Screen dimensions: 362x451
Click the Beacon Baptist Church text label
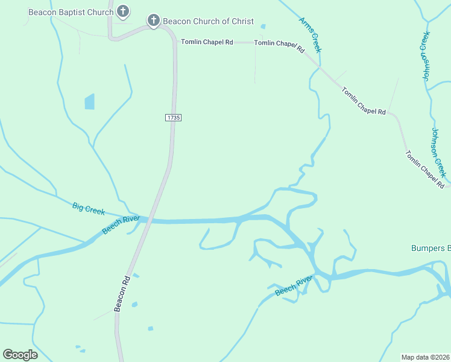click(x=71, y=12)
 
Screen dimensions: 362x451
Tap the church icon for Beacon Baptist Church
click(x=123, y=11)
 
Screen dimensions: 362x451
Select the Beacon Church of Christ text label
click(x=209, y=21)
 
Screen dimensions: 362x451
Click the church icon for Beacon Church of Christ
click(x=154, y=21)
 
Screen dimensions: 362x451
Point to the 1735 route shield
click(x=172, y=117)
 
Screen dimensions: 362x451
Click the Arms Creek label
click(x=310, y=34)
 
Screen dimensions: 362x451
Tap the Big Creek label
click(x=89, y=209)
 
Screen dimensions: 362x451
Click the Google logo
click(x=20, y=355)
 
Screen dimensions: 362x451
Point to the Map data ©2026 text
click(x=425, y=357)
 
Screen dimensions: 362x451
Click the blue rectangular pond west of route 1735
click(x=90, y=101)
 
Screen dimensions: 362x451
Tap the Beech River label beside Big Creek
click(x=121, y=224)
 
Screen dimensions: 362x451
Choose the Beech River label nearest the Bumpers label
click(x=294, y=285)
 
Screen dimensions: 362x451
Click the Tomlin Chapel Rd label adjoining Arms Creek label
click(x=279, y=45)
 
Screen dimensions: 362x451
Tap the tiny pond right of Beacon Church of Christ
click(x=263, y=27)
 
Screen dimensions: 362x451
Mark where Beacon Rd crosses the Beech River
click(x=146, y=221)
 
